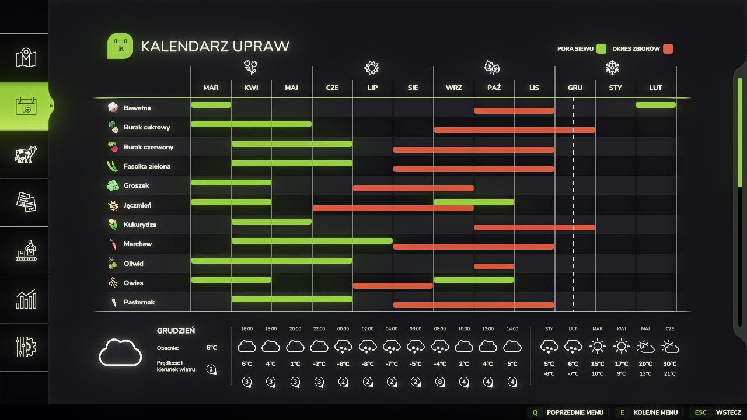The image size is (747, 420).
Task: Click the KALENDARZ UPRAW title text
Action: click(x=215, y=47)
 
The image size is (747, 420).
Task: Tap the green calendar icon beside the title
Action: click(x=120, y=46)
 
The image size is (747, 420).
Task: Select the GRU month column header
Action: click(x=575, y=87)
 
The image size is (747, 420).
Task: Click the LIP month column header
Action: click(x=372, y=87)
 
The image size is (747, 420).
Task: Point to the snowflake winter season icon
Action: click(x=612, y=68)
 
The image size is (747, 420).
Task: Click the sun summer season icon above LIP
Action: click(x=371, y=68)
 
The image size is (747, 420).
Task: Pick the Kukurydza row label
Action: click(x=139, y=225)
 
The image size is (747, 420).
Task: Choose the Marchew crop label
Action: click(x=138, y=244)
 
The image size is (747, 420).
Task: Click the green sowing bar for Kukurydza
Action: click(x=271, y=222)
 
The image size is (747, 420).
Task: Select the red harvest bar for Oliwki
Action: click(x=494, y=267)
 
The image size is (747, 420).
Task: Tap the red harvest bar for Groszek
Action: click(x=413, y=188)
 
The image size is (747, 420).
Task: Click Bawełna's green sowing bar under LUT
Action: click(x=655, y=105)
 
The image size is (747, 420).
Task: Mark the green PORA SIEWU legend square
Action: click(x=601, y=48)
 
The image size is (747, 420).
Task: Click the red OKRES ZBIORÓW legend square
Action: click(x=668, y=48)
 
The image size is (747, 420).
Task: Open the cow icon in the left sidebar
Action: click(x=26, y=154)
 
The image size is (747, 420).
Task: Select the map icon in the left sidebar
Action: click(x=26, y=58)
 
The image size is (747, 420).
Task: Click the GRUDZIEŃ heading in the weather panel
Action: click(x=176, y=331)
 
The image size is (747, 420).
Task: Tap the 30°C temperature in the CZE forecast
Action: click(x=669, y=364)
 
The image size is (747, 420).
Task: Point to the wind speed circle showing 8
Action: click(x=440, y=382)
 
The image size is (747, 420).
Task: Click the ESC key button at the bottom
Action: click(x=700, y=412)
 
